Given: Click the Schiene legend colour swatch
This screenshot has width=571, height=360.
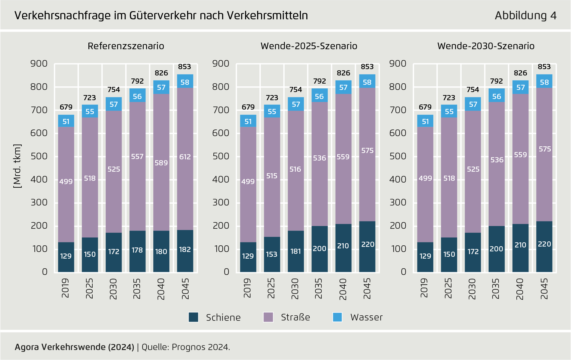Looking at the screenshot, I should pyautogui.click(x=193, y=317).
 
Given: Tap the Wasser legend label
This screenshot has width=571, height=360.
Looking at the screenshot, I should pyautogui.click(x=366, y=317).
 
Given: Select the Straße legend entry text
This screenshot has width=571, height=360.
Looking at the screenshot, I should pyautogui.click(x=295, y=317).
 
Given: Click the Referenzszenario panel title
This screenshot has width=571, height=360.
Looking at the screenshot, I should pyautogui.click(x=126, y=46).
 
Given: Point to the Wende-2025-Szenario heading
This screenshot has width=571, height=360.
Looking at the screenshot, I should pyautogui.click(x=309, y=46).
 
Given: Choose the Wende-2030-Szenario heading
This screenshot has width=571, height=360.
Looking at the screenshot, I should pyautogui.click(x=486, y=46).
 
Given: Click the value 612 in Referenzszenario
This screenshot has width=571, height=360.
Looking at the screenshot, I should pyautogui.click(x=185, y=157).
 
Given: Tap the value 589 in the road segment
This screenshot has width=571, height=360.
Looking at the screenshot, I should pyautogui.click(x=161, y=163).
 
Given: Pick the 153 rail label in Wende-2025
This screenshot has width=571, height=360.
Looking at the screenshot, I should pyautogui.click(x=272, y=254).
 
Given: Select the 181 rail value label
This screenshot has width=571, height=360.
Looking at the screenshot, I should pyautogui.click(x=295, y=251).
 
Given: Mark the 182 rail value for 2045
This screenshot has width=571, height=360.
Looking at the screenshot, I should pyautogui.click(x=185, y=250).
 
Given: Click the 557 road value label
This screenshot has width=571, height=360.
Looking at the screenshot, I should pyautogui.click(x=137, y=157).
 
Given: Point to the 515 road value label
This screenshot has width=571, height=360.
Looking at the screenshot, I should pyautogui.click(x=272, y=176).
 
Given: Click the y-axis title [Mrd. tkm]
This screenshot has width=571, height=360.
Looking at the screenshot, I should pyautogui.click(x=17, y=166).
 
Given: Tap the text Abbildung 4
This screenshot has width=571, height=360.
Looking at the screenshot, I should pyautogui.click(x=525, y=15).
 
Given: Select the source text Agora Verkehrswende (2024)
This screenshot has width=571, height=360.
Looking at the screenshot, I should pyautogui.click(x=74, y=347).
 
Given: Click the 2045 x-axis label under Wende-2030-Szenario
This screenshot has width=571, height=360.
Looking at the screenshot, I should pyautogui.click(x=544, y=288).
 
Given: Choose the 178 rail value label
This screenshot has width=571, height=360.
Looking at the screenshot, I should pyautogui.click(x=137, y=250).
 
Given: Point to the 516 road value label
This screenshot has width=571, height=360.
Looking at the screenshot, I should pyautogui.click(x=295, y=169).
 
